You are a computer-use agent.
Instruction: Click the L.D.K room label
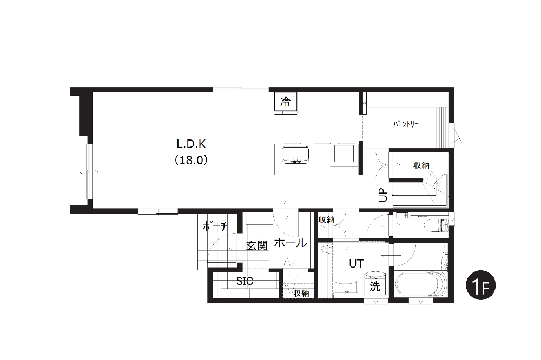click(191, 143)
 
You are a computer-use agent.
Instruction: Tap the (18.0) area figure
click(191, 160)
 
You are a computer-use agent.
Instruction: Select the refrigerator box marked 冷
click(285, 102)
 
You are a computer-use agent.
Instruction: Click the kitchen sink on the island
click(296, 155)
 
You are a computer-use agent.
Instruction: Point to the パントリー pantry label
click(406, 124)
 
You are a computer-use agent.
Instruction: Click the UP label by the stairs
click(383, 195)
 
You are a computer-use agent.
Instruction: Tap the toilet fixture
click(438, 225)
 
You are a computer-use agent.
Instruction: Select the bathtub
click(421, 284)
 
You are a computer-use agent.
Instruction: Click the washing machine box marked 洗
click(375, 286)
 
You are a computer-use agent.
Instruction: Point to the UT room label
click(356, 264)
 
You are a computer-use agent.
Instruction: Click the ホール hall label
click(291, 243)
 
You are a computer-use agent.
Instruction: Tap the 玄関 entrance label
click(257, 245)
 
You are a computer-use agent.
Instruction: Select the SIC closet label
click(245, 282)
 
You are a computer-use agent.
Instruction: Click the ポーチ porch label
click(215, 226)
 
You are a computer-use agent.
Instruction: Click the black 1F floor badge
click(480, 285)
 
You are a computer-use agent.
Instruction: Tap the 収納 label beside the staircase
click(421, 165)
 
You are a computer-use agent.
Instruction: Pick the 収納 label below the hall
click(301, 293)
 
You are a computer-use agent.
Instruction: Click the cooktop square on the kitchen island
click(344, 154)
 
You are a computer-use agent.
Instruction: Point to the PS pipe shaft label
click(364, 103)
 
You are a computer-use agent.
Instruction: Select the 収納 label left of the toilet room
click(326, 219)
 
